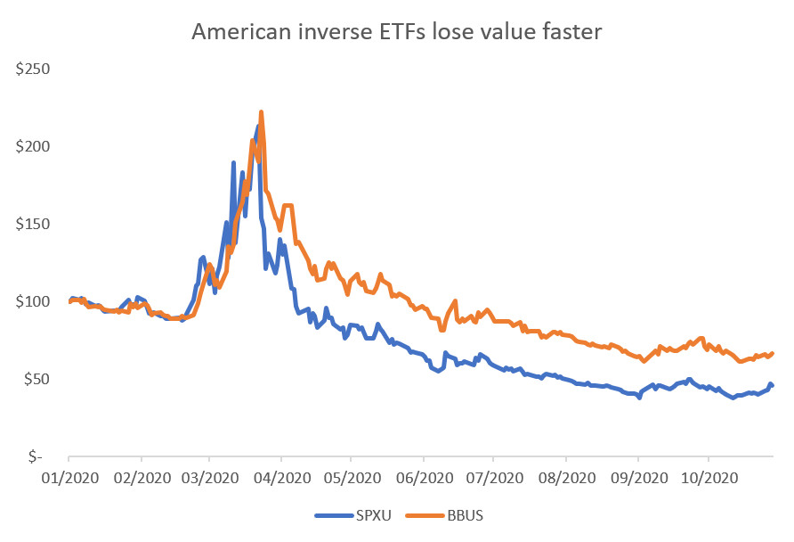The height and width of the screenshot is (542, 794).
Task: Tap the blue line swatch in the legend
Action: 331,514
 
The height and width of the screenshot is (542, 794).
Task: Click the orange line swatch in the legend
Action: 420,514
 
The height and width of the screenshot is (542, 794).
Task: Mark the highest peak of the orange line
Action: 261,112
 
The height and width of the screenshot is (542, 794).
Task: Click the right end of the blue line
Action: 772,385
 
